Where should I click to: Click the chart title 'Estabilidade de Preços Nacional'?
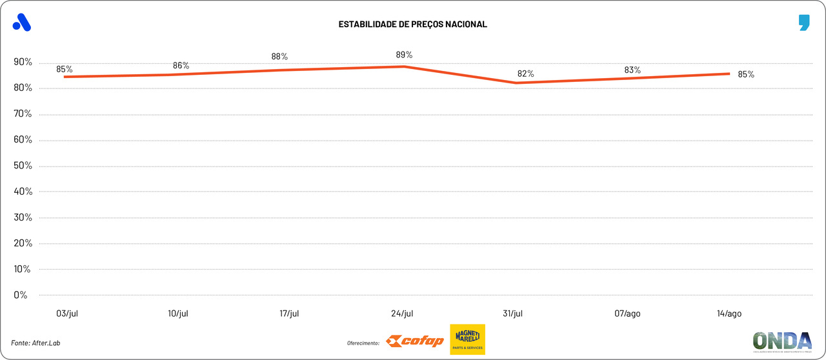(412, 25)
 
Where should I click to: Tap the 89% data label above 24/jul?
(404, 55)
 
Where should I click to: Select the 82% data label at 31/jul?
(525, 74)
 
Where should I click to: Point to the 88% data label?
(279, 57)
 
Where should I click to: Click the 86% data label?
(181, 66)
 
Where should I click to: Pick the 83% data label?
(632, 70)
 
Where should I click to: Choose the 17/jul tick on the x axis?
(290, 314)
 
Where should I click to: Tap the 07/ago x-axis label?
(627, 314)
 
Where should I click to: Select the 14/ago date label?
(729, 314)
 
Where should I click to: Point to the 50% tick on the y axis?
(22, 166)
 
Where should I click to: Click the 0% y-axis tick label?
(21, 295)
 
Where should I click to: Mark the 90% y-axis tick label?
(22, 63)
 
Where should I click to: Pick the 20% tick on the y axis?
(22, 243)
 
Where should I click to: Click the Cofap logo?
(415, 341)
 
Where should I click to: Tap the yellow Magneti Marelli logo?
(467, 339)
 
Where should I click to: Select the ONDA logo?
(782, 341)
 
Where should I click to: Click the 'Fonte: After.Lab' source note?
(40, 343)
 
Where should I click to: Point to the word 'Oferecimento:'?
(363, 343)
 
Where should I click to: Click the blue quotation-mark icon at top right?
(803, 23)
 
